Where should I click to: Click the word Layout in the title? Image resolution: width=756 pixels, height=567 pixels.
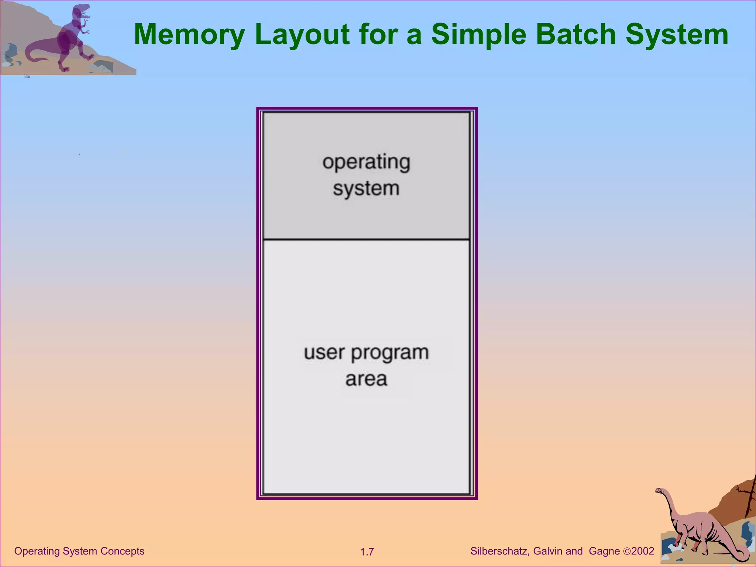[x=302, y=34]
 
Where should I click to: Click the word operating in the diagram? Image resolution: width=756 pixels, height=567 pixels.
[x=366, y=162]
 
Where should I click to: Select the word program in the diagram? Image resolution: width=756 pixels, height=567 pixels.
[x=390, y=353]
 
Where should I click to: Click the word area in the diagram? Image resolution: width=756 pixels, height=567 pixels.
[x=366, y=379]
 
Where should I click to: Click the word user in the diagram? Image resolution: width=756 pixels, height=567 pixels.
[x=324, y=353]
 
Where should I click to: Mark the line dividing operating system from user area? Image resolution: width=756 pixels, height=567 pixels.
[x=366, y=240]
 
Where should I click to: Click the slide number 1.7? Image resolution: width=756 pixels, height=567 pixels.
[x=367, y=552]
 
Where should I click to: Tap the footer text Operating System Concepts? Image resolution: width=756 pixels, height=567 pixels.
[x=79, y=551]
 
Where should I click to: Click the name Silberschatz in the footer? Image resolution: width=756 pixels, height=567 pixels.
[x=500, y=551]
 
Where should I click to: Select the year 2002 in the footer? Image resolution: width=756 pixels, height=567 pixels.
[x=643, y=551]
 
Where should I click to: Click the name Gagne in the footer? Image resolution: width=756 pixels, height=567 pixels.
[x=604, y=551]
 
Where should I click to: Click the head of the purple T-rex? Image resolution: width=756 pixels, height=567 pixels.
[x=81, y=11]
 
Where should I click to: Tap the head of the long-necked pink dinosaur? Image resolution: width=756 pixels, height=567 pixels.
[x=659, y=491]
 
